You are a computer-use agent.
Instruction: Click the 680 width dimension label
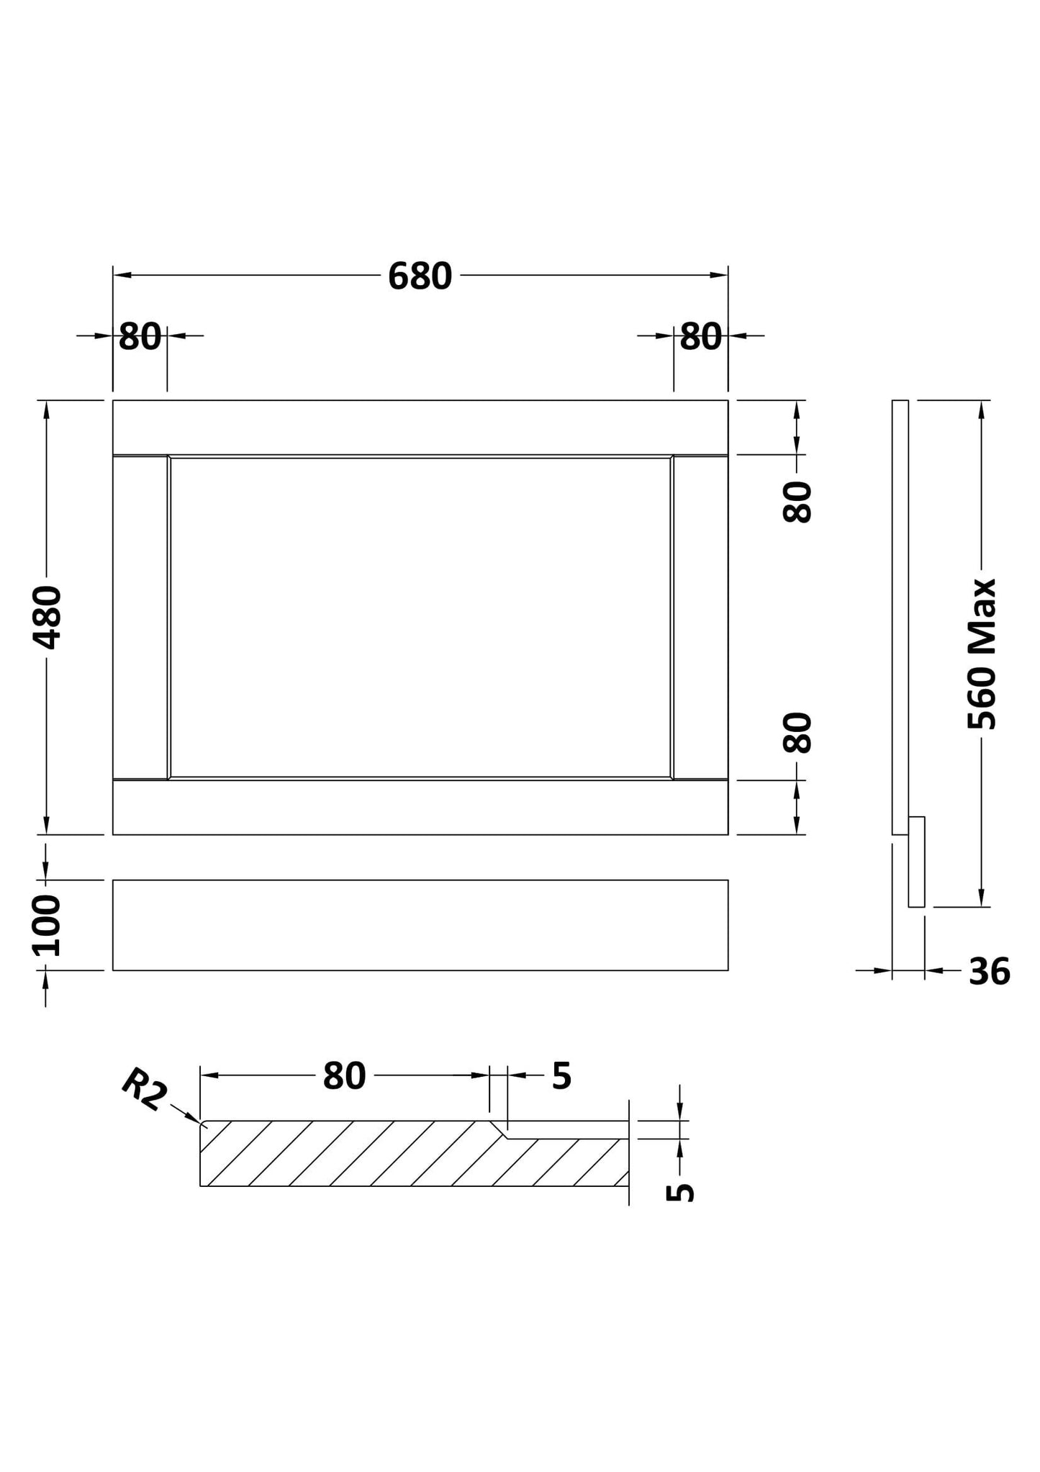click(x=420, y=276)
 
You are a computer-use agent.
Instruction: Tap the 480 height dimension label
click(x=49, y=618)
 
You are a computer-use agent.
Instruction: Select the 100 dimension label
click(x=48, y=925)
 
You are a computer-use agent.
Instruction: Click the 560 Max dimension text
click(x=982, y=654)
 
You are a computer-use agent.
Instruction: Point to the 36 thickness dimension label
click(x=990, y=972)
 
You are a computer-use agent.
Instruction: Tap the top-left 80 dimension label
click(x=140, y=337)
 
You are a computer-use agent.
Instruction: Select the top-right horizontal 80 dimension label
click(x=700, y=337)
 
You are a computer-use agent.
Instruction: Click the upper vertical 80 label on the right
click(x=797, y=502)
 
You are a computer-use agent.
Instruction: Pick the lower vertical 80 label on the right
click(x=797, y=733)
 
